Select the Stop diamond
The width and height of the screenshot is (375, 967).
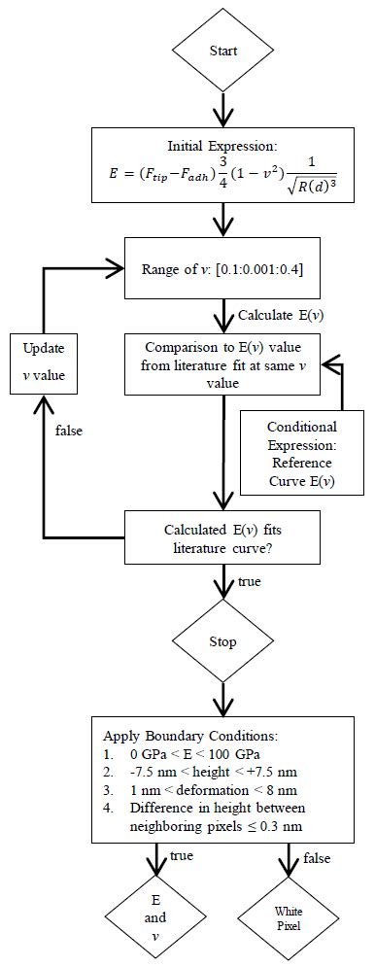(222, 642)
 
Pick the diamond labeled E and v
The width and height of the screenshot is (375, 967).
(155, 916)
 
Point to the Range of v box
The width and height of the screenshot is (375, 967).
(222, 267)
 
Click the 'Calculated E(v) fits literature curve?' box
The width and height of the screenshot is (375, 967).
(222, 537)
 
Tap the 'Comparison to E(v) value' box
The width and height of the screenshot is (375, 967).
(222, 363)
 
